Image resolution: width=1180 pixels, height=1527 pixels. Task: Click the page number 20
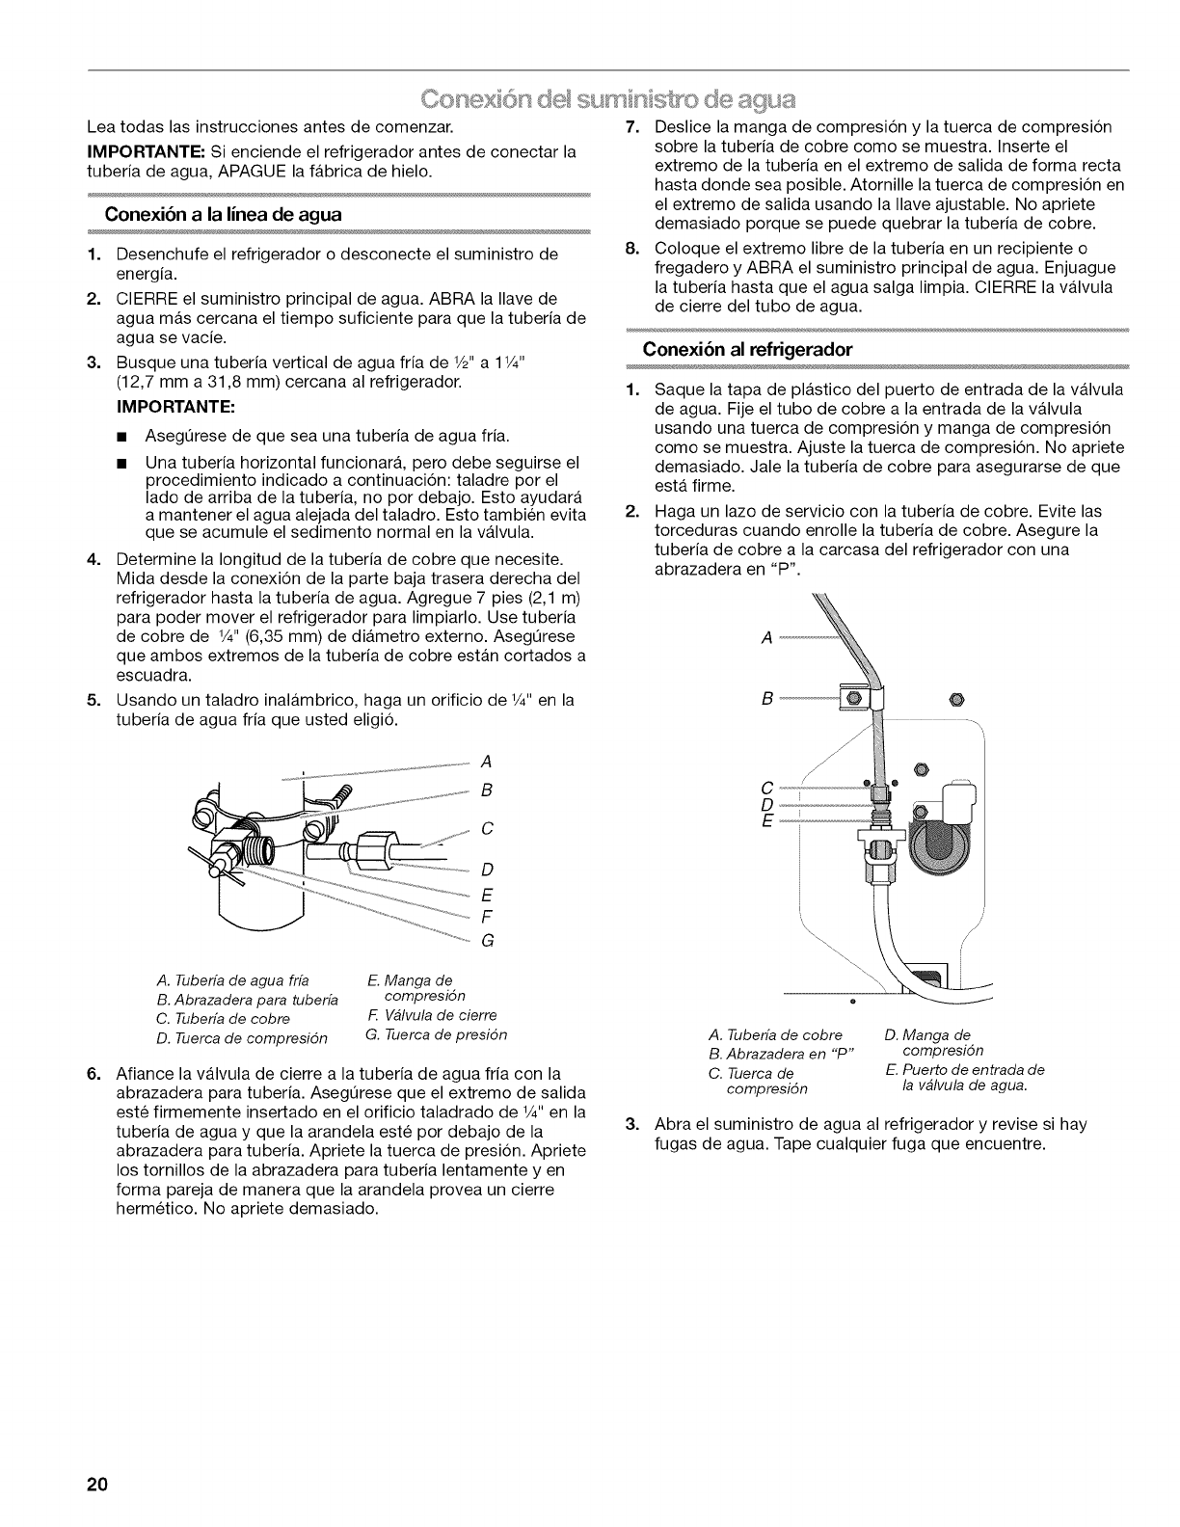(x=95, y=1483)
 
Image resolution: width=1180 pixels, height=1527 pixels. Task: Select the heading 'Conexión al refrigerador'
(x=748, y=350)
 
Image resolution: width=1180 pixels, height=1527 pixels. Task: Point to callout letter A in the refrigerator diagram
(x=767, y=638)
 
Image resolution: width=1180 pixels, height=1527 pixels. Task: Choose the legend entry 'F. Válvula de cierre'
(x=432, y=1015)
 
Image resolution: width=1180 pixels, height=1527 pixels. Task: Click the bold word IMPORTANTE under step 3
(x=195, y=406)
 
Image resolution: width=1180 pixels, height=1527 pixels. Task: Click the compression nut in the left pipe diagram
(x=372, y=849)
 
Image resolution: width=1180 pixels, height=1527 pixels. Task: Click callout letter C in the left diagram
(x=487, y=829)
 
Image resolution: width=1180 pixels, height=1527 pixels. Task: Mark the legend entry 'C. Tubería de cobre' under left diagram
(x=223, y=1019)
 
